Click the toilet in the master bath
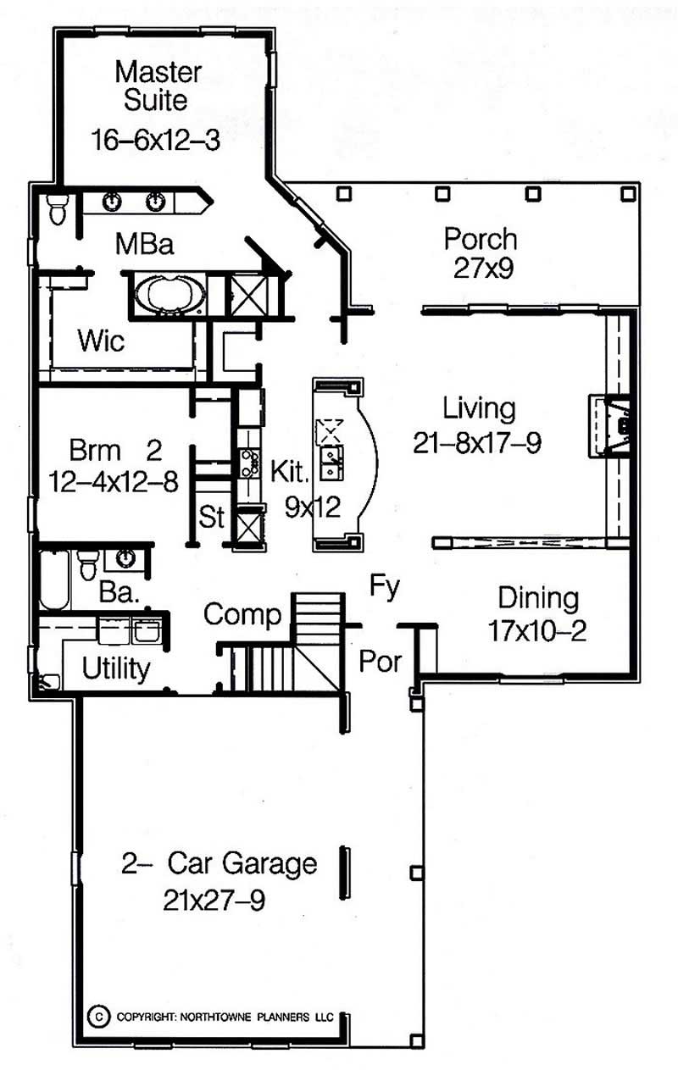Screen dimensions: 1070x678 click(57, 208)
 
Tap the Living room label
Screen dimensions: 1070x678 click(479, 408)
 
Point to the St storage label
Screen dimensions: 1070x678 click(212, 516)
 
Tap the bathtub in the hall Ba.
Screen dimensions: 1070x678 click(53, 579)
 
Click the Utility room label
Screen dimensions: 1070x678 click(116, 669)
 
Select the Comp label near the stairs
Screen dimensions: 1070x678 click(242, 615)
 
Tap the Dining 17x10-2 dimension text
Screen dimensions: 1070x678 click(537, 630)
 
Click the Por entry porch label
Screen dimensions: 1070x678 click(379, 661)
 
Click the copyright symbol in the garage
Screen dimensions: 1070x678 click(100, 1015)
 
